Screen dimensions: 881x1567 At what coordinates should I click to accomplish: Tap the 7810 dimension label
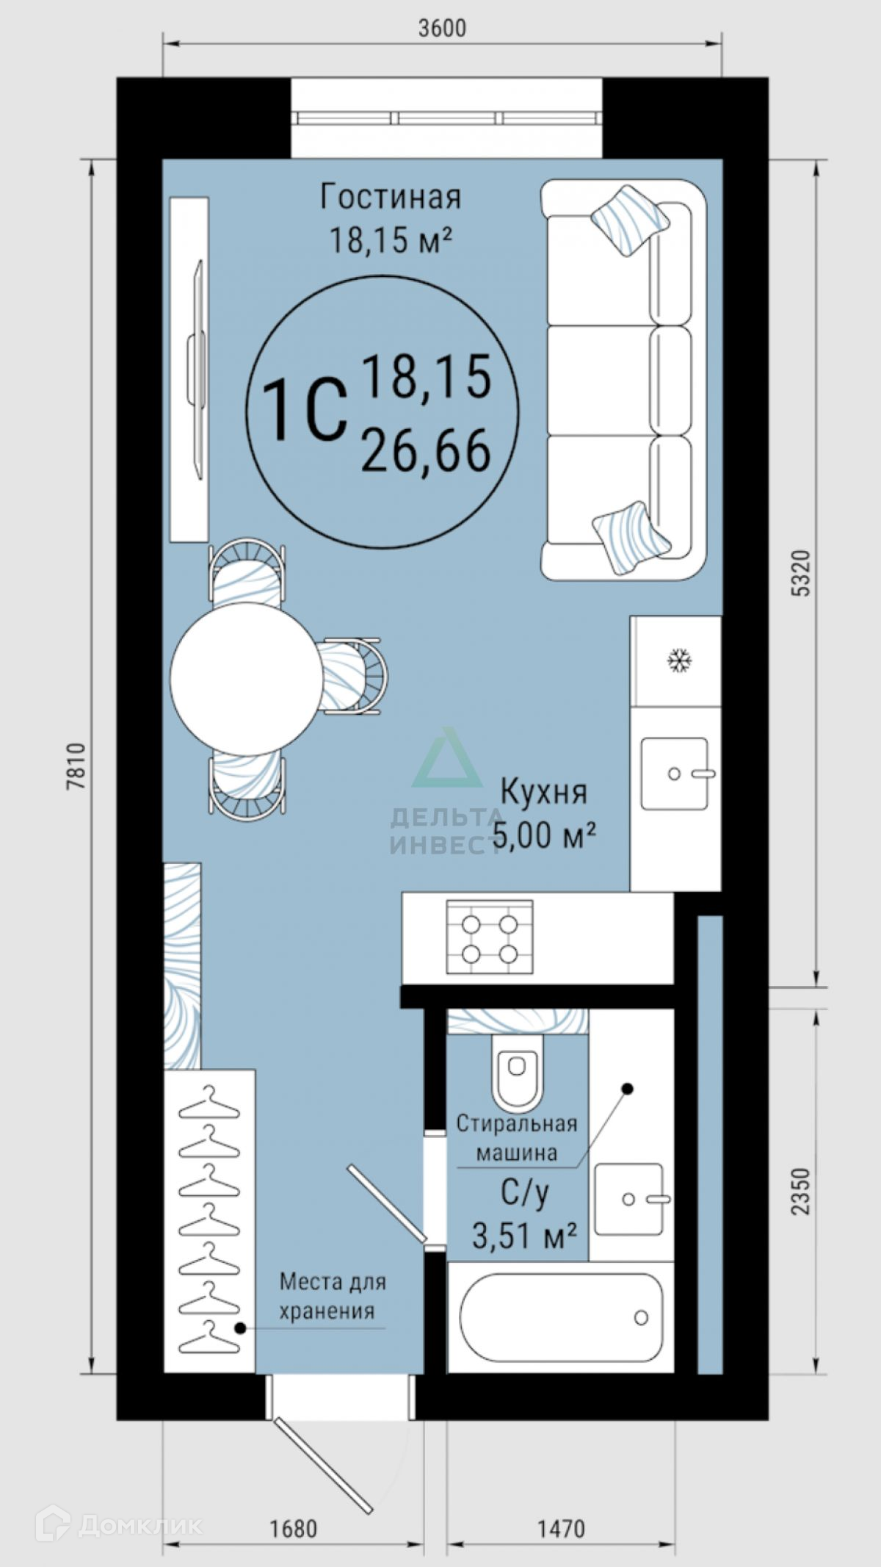pyautogui.click(x=78, y=766)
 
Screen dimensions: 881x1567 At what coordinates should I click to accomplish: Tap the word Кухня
pyautogui.click(x=544, y=792)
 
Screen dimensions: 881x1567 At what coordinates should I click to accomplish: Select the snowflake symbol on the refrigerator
pyautogui.click(x=679, y=660)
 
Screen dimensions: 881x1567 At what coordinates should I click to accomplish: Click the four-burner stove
pyautogui.click(x=490, y=937)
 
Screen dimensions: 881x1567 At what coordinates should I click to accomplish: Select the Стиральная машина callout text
pyautogui.click(x=517, y=1138)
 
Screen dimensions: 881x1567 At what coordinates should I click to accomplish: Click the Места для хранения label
pyautogui.click(x=333, y=1296)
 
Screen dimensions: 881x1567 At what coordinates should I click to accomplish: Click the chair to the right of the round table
pyautogui.click(x=353, y=676)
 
